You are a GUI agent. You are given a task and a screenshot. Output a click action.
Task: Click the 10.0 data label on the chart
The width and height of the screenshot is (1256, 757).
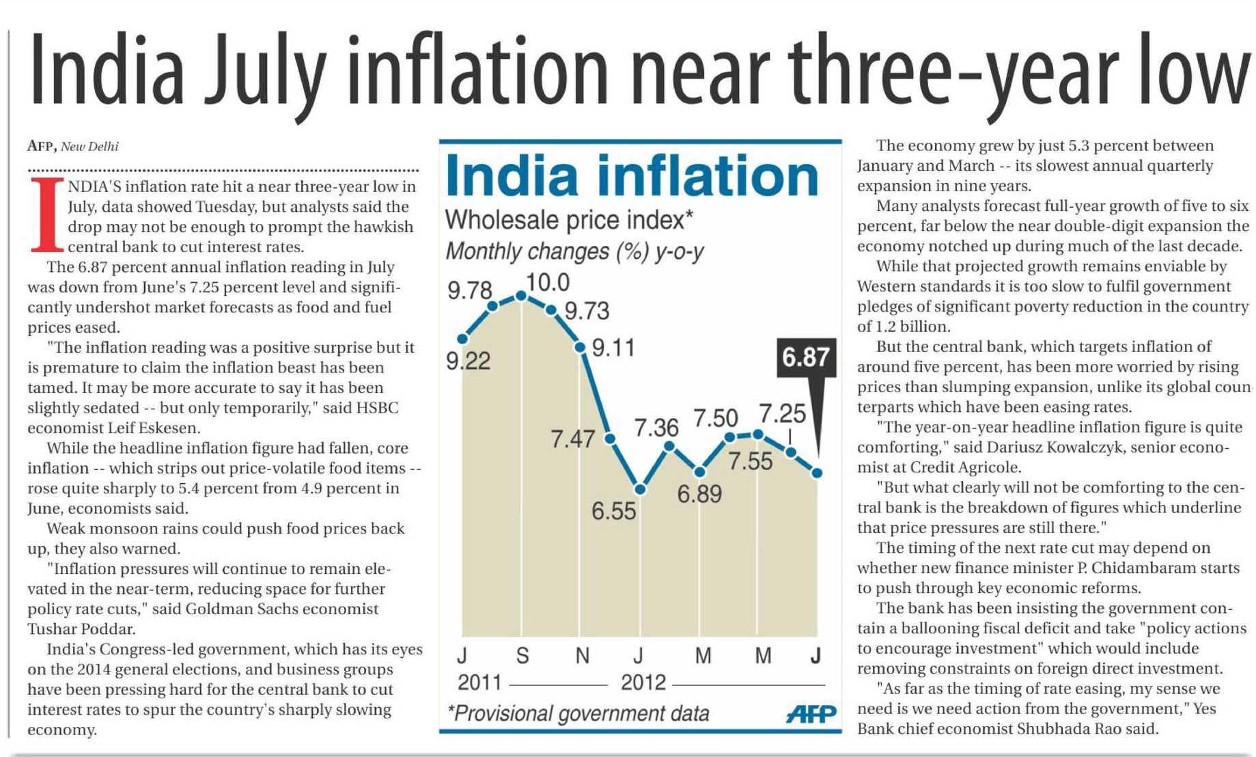(548, 282)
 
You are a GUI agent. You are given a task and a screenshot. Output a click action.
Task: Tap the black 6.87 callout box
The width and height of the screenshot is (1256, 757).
(806, 357)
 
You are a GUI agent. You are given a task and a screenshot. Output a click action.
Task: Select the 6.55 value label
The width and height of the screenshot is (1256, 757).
(613, 511)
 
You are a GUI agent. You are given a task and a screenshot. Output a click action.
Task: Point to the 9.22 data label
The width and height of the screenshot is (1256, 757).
(469, 361)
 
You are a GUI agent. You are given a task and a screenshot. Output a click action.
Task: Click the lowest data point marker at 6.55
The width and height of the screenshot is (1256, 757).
(640, 489)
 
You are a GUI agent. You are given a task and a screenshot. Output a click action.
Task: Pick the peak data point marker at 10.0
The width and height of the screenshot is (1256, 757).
(521, 295)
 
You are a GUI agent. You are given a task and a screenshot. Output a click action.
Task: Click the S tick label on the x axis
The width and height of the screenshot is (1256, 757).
(522, 656)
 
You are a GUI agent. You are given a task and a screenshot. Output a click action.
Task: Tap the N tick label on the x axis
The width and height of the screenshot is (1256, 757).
(582, 656)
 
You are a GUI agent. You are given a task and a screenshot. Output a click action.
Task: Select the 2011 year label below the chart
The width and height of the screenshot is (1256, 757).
(479, 683)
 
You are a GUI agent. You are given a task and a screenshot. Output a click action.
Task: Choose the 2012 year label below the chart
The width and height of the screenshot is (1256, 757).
(643, 683)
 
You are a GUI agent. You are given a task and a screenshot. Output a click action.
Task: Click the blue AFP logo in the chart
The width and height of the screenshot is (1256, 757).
(811, 714)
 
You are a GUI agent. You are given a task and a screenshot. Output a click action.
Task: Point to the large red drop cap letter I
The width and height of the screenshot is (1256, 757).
(47, 215)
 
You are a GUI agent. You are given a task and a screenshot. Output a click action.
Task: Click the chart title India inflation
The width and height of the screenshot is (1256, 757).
(632, 176)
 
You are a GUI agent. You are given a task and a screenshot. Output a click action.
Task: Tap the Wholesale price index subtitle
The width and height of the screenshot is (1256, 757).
(569, 220)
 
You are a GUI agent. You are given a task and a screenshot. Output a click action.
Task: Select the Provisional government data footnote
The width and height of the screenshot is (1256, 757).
(578, 714)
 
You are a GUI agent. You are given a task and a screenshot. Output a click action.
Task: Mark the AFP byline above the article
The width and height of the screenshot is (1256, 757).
(42, 146)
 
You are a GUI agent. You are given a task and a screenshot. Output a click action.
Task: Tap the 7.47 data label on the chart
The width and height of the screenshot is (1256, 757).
(572, 439)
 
